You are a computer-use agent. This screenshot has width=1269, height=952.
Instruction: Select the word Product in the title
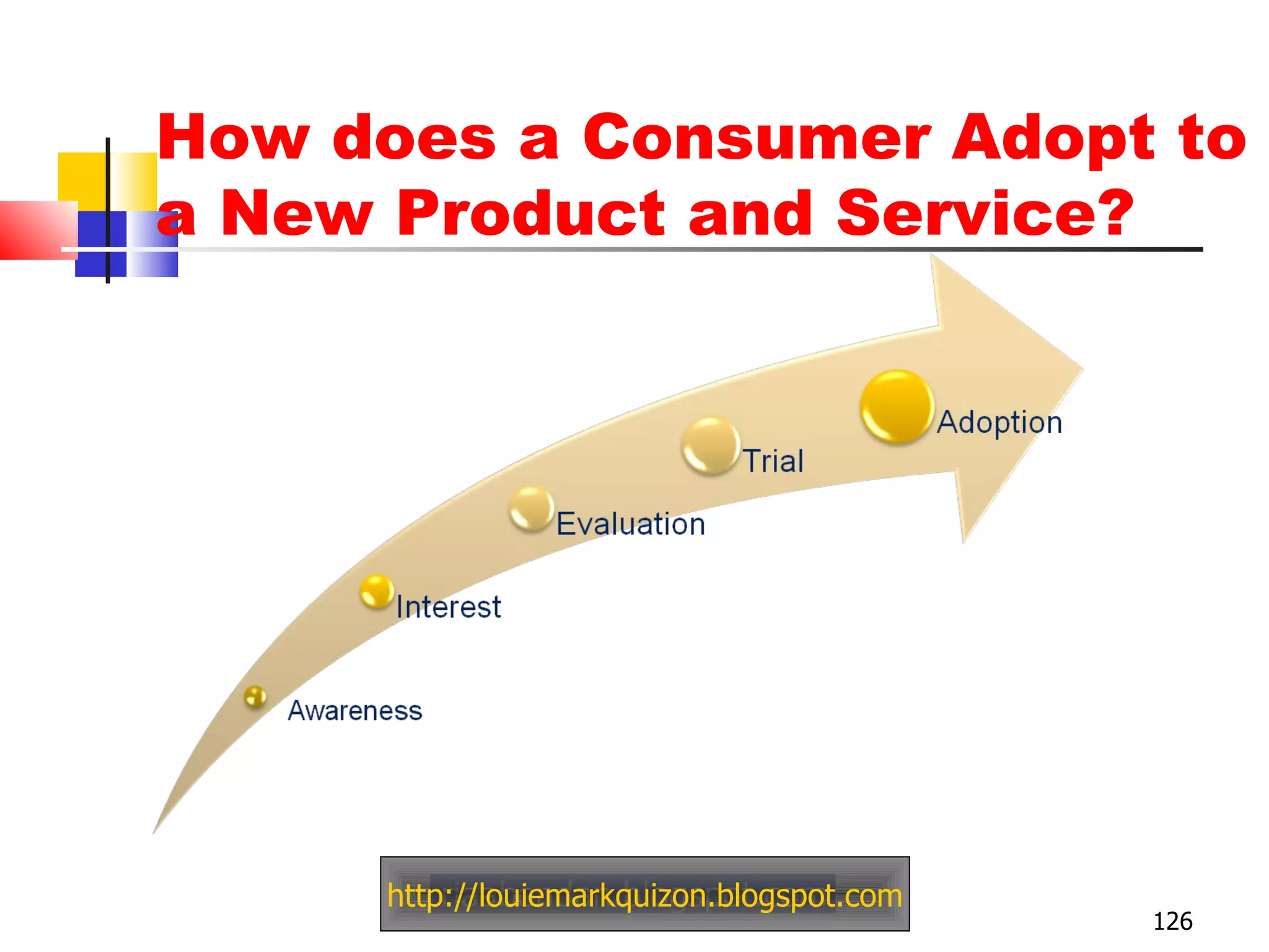[x=530, y=213]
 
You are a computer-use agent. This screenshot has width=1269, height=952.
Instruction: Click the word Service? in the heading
[x=985, y=213]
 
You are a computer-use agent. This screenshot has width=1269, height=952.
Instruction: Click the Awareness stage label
[x=355, y=711]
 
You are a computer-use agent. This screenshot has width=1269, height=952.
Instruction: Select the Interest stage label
[x=449, y=607]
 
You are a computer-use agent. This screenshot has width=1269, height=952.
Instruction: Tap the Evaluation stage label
[x=631, y=524]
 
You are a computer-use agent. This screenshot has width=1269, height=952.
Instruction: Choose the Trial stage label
[x=773, y=461]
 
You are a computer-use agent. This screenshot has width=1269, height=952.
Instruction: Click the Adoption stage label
[x=999, y=423]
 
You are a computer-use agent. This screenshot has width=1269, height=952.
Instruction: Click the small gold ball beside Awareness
[x=255, y=697]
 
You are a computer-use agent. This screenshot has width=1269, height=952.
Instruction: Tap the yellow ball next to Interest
[x=377, y=591]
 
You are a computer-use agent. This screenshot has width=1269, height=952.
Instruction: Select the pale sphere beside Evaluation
[x=531, y=509]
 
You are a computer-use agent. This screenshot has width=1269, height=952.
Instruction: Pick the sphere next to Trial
[x=711, y=446]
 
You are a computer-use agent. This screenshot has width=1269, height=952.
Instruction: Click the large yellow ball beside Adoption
[x=897, y=407]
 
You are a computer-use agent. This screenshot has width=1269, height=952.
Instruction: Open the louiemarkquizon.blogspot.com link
[x=644, y=896]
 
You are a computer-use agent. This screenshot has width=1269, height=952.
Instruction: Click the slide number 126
[x=1172, y=922]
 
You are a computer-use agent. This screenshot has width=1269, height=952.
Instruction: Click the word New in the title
[x=296, y=213]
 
